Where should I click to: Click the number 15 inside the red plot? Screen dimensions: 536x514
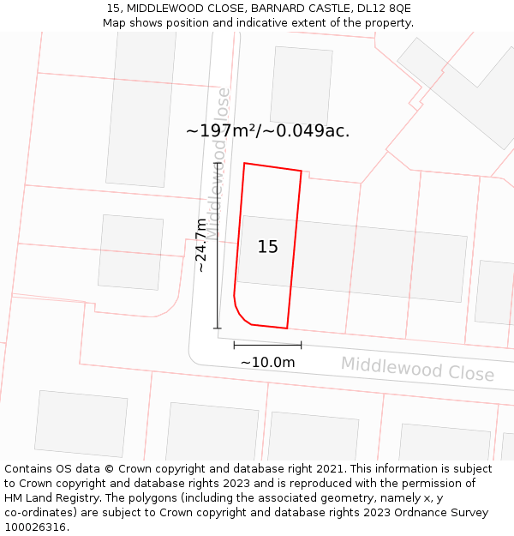tap(268, 247)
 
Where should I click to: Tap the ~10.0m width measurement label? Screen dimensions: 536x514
tap(267, 363)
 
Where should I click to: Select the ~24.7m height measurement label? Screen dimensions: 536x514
tap(201, 244)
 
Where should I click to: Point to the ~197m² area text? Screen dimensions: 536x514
tap(221, 131)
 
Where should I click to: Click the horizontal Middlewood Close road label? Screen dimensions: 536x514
tap(417, 369)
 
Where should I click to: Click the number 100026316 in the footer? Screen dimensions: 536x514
tap(37, 527)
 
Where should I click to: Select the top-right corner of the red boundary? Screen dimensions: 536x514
tap(302, 171)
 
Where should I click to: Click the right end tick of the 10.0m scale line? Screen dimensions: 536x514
tap(301, 345)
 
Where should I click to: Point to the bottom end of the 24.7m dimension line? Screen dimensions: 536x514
tap(218, 328)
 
